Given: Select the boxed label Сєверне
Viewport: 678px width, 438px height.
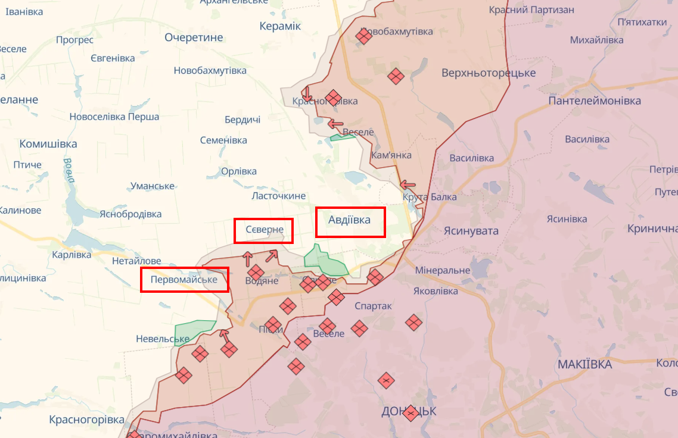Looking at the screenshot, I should click(263, 230).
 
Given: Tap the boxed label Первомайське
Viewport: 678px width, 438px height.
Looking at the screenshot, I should click(184, 279).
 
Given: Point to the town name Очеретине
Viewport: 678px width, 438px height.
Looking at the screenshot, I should click(194, 37).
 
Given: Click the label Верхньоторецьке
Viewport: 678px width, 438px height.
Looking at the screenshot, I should click(489, 73).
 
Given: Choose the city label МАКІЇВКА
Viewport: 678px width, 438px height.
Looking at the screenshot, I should click(584, 364).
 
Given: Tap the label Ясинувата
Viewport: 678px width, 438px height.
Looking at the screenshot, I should click(471, 231).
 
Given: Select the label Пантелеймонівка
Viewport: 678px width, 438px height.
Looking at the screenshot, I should click(594, 101).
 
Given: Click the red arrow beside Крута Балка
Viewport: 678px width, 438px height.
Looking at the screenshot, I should click(408, 184).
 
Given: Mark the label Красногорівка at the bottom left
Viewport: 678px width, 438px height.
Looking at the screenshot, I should click(86, 420).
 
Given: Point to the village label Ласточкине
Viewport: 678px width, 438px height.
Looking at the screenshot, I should click(278, 196).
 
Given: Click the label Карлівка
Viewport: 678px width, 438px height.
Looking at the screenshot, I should click(71, 255).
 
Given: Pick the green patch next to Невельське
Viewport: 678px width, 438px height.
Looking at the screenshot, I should click(195, 328).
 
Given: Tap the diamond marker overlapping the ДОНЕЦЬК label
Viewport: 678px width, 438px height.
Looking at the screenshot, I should click(410, 412).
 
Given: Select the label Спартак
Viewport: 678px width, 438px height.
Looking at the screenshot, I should click(373, 306).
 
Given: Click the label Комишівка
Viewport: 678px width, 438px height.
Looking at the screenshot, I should click(48, 144).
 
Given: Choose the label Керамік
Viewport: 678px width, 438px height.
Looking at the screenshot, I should click(280, 26).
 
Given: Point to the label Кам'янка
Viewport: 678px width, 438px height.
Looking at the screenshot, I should click(391, 155).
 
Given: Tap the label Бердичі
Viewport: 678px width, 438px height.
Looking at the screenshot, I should click(242, 120).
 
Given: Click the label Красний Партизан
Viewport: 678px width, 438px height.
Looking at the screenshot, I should click(531, 10).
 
